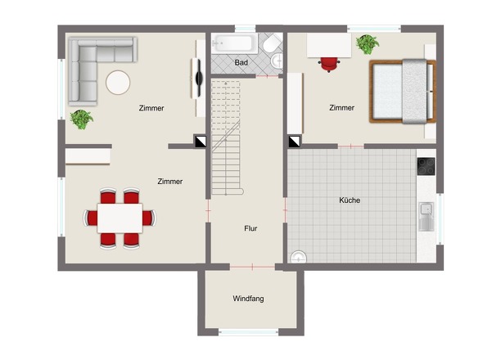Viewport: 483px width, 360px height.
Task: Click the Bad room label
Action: point(241,62)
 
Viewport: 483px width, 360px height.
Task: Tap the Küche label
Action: point(350,200)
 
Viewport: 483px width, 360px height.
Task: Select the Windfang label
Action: point(248,299)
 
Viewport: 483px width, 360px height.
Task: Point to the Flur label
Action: point(251,228)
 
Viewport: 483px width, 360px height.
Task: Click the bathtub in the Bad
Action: point(234,43)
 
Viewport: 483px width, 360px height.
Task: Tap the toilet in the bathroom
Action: point(272,43)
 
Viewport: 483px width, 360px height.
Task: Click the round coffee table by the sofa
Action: point(118,82)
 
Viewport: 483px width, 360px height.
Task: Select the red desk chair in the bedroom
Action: point(328,64)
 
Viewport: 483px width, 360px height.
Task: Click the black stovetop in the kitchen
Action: point(427,166)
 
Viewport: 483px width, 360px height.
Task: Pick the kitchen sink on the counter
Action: point(427,217)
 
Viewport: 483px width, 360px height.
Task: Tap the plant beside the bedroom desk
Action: point(368,44)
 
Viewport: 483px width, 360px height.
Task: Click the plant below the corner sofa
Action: point(81,119)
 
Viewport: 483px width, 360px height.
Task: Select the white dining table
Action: point(120,218)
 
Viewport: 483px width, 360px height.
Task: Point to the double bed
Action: point(403,92)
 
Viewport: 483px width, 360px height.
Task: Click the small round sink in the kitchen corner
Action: point(299,257)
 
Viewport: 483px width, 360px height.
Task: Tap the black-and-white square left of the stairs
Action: point(200,141)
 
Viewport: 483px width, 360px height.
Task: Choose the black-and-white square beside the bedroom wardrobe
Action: point(295,142)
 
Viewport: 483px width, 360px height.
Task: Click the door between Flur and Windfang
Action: point(252,267)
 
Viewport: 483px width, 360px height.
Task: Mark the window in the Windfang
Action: point(249,332)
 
